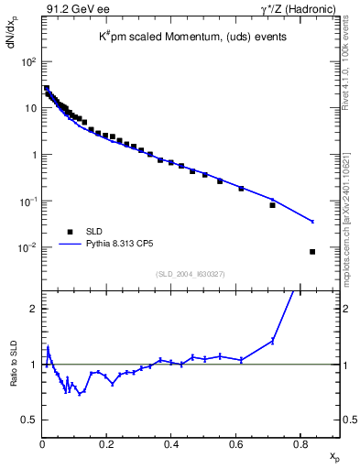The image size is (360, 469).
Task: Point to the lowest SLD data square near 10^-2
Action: point(312,252)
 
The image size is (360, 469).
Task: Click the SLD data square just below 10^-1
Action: point(272,205)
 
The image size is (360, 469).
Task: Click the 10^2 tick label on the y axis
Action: point(27,61)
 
